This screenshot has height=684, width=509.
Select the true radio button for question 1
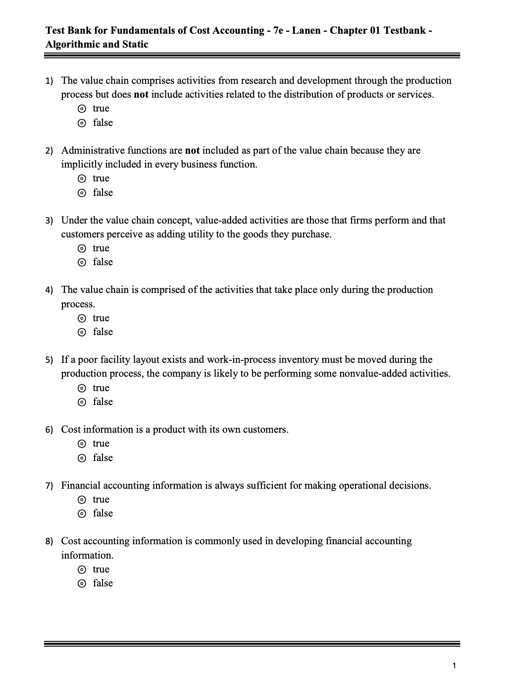(x=83, y=109)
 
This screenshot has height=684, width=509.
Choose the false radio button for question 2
(x=83, y=193)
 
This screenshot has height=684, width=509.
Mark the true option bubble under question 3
(x=83, y=248)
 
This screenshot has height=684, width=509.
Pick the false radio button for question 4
(x=83, y=332)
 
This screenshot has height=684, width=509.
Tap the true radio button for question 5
(x=83, y=388)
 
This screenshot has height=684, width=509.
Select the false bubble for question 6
(x=83, y=458)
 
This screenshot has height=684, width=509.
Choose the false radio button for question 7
(x=83, y=513)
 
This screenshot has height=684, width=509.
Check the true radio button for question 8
(x=83, y=570)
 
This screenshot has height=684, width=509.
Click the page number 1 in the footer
(x=454, y=666)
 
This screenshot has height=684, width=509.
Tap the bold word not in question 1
(x=141, y=95)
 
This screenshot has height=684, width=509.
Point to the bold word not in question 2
(x=192, y=150)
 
